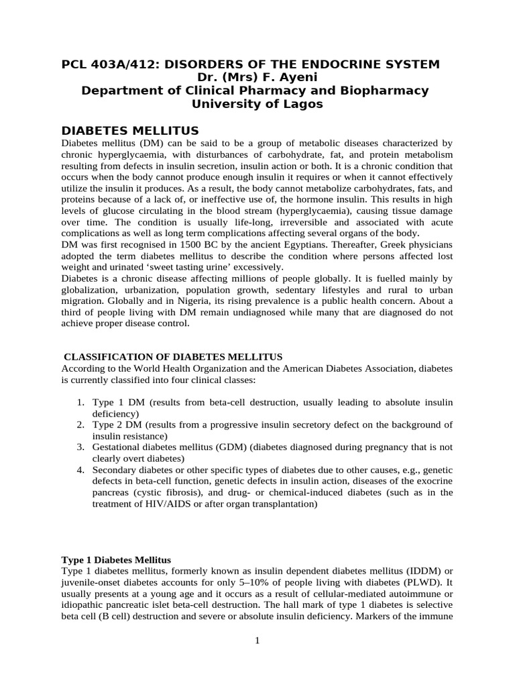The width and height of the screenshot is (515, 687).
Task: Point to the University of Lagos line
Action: [x=257, y=104]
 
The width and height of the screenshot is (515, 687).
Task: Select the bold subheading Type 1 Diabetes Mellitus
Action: [x=116, y=560]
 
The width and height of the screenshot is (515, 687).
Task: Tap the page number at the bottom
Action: [x=257, y=641]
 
